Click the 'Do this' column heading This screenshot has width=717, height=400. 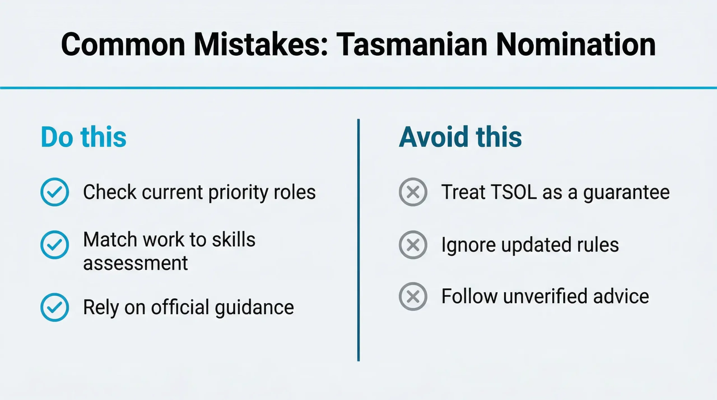tap(83, 137)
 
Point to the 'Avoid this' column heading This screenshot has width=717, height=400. tap(460, 137)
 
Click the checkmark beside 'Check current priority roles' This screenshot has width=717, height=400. tap(55, 192)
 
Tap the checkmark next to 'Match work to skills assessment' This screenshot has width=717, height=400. tap(55, 245)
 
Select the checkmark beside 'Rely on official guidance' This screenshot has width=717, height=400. tap(55, 307)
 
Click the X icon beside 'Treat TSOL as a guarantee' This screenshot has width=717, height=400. tap(413, 192)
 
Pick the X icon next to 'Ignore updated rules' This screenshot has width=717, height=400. tap(413, 245)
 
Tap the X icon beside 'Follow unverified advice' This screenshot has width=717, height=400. tap(413, 296)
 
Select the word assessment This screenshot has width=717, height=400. tap(135, 263)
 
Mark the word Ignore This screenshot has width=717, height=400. tap(468, 245)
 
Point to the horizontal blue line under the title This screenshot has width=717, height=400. tap(358, 88)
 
